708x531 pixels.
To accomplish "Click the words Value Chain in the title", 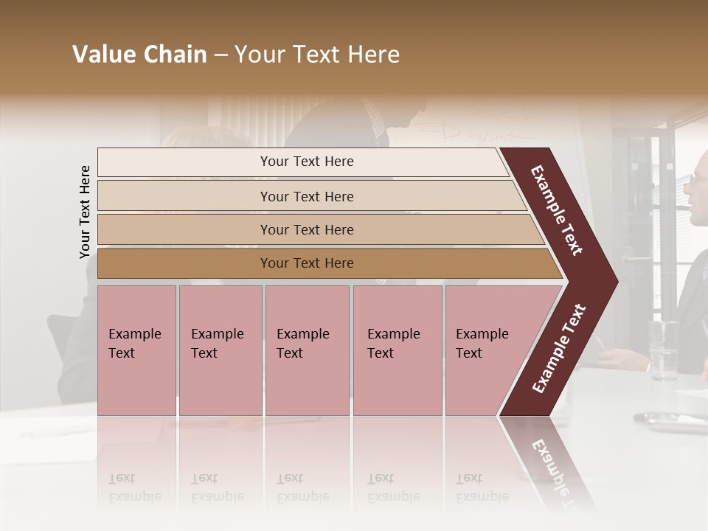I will pyautogui.click(x=139, y=55).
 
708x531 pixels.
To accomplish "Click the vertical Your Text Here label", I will pyautogui.click(x=85, y=212).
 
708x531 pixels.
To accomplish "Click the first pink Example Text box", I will pyautogui.click(x=136, y=350).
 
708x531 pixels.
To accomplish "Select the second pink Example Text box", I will pyautogui.click(x=220, y=350).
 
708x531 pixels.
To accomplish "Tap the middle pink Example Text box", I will pyautogui.click(x=307, y=350).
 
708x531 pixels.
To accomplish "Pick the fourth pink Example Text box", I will pyautogui.click(x=397, y=350).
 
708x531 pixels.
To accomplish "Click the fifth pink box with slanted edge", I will pyautogui.click(x=487, y=350).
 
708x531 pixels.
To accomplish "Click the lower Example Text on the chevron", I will pyautogui.click(x=559, y=348).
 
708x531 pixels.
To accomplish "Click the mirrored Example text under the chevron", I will pyautogui.click(x=553, y=472).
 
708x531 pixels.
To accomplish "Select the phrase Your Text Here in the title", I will pyautogui.click(x=317, y=55).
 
